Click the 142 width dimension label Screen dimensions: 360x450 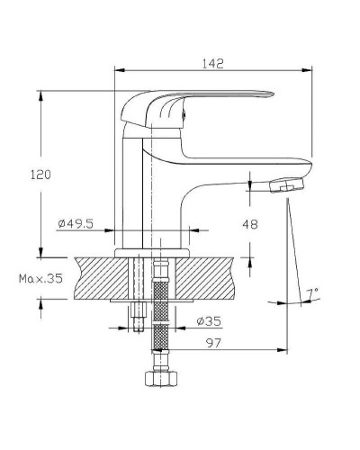[212, 64]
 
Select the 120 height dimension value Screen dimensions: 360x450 [40, 175]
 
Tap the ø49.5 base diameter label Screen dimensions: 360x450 [76, 223]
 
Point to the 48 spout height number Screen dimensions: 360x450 [250, 224]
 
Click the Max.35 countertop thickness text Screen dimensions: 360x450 [40, 279]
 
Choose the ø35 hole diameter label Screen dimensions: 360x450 [209, 321]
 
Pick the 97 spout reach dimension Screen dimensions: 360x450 [213, 343]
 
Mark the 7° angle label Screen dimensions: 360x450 [312, 292]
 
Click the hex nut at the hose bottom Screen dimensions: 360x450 [161, 379]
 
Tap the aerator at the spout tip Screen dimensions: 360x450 [287, 185]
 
